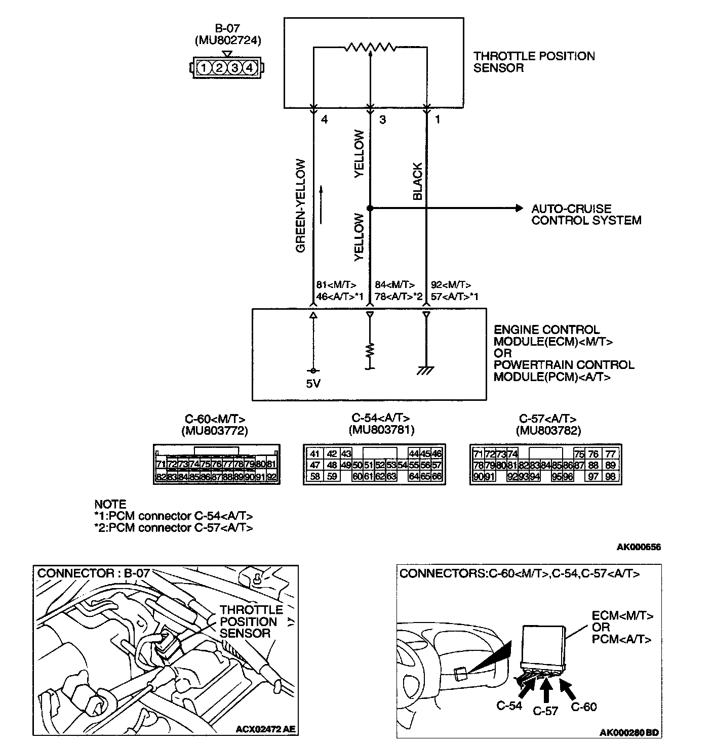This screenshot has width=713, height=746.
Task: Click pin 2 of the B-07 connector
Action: (x=219, y=68)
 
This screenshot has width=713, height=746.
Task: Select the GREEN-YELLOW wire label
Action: (x=301, y=206)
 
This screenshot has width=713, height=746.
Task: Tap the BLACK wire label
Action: (x=418, y=181)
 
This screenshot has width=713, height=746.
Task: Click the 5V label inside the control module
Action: (x=313, y=384)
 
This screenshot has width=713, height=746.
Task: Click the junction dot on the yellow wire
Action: (x=370, y=208)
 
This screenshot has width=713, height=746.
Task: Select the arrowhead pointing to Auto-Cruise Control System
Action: (x=518, y=208)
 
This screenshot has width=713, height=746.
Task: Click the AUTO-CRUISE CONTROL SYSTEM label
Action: (x=586, y=215)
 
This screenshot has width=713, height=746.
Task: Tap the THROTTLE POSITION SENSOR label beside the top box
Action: (x=534, y=62)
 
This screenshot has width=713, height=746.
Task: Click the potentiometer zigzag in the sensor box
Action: (x=370, y=47)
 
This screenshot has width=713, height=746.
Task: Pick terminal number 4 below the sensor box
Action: (x=325, y=120)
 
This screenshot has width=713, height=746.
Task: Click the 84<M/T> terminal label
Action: (x=394, y=285)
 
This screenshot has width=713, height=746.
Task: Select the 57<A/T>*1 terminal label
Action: (x=454, y=297)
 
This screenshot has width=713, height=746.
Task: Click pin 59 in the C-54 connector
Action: (x=332, y=476)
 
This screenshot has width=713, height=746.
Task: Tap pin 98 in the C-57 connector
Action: (x=610, y=476)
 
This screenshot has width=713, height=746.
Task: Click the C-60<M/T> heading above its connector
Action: (x=215, y=419)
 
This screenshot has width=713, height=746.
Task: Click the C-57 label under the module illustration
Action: (x=545, y=711)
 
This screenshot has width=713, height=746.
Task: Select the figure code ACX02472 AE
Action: (x=266, y=729)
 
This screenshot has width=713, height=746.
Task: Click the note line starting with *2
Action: (x=173, y=527)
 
